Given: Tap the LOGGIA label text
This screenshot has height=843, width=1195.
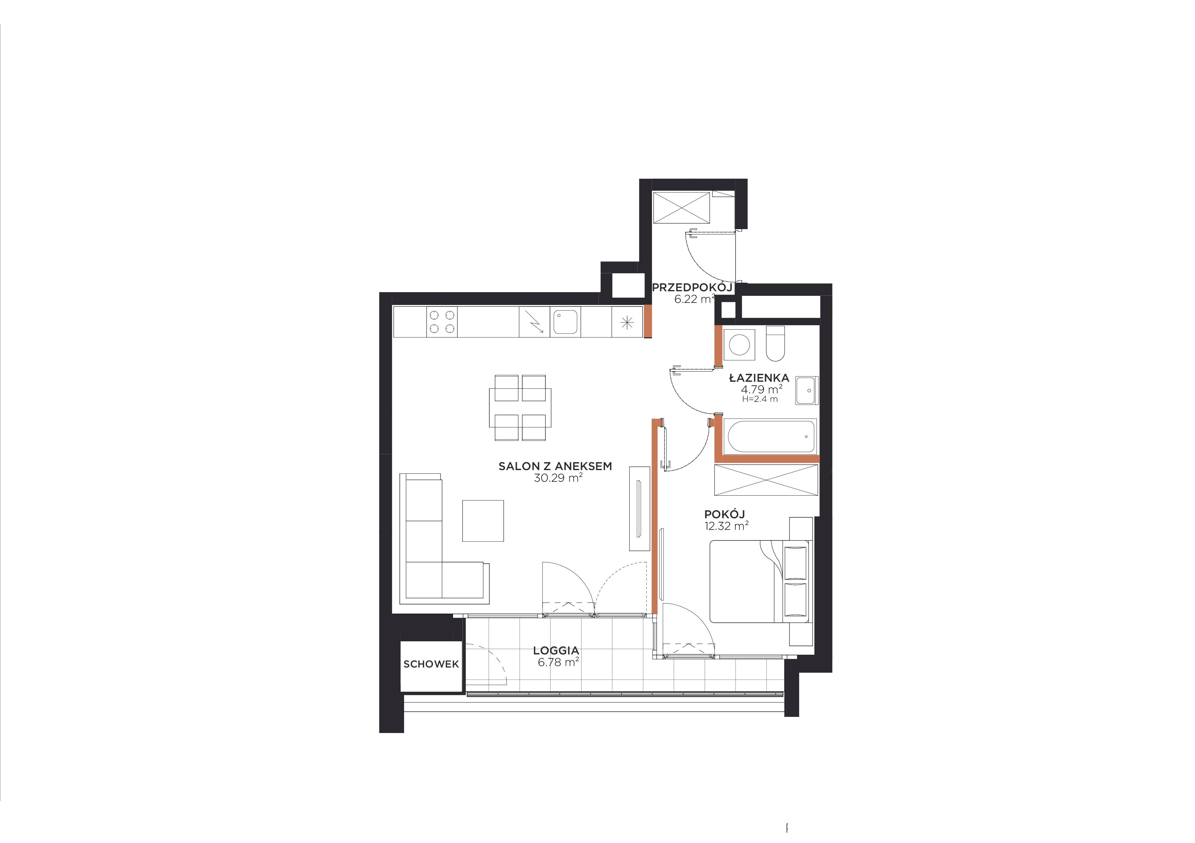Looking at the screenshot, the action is pyautogui.click(x=556, y=650).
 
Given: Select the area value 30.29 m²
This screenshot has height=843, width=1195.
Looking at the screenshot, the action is pyautogui.click(x=558, y=478).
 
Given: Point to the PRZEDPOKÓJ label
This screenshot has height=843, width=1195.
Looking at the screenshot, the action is pyautogui.click(x=692, y=287).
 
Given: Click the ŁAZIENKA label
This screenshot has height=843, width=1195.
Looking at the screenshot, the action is pyautogui.click(x=759, y=378).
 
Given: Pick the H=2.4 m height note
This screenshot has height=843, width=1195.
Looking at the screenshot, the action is pyautogui.click(x=760, y=399).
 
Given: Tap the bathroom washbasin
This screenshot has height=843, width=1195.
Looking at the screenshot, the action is pyautogui.click(x=807, y=390).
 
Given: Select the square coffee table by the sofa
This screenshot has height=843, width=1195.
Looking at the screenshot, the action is pyautogui.click(x=483, y=520).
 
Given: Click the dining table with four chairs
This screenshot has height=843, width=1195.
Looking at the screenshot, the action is pyautogui.click(x=520, y=407).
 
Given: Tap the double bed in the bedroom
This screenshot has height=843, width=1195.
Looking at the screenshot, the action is pyautogui.click(x=759, y=581).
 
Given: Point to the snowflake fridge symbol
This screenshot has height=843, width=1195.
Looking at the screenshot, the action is pyautogui.click(x=627, y=323).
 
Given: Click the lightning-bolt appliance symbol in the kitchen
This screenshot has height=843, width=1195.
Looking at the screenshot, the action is pyautogui.click(x=534, y=322).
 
